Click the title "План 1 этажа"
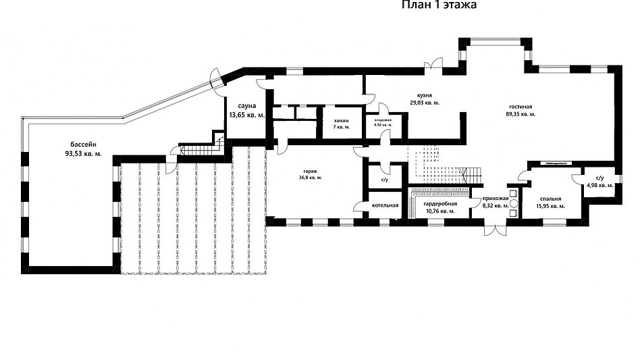[439, 5]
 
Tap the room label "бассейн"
[83, 145]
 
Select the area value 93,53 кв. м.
[83, 154]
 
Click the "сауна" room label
[247, 105]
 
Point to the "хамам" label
[341, 121]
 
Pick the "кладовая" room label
[383, 120]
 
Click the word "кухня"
[425, 95]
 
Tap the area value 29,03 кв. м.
[425, 103]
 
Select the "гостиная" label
[520, 107]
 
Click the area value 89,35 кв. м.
[520, 114]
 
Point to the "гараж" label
[311, 171]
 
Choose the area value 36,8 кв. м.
[311, 178]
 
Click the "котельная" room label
[385, 205]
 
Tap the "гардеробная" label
[440, 203]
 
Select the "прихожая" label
[496, 198]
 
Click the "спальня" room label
[550, 199]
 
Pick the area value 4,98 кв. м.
[600, 185]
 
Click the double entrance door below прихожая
[496, 230]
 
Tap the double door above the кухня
[433, 64]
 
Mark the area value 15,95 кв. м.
[550, 206]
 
